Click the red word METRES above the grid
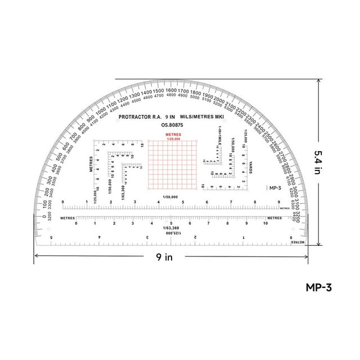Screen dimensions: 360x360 tap(173, 135)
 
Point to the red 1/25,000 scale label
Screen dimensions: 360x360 tap(173, 139)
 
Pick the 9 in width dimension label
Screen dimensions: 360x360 tap(164, 257)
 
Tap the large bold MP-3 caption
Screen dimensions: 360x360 tap(319, 287)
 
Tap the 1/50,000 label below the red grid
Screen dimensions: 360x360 tap(170, 197)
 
